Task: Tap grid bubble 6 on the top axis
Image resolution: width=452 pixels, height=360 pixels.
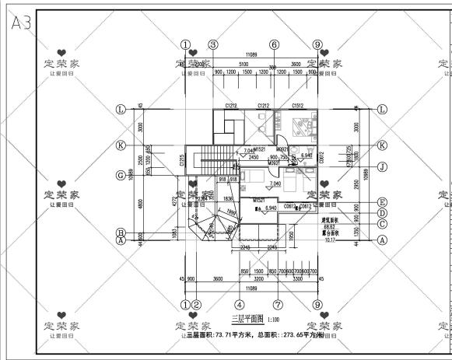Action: pos(274,45)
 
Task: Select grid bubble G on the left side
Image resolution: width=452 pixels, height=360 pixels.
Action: pos(121,175)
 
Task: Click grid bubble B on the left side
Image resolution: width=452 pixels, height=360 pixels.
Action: pos(121,232)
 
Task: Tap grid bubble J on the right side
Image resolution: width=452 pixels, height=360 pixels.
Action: pos(382,166)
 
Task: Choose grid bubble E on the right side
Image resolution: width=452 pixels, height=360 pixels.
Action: pos(382,201)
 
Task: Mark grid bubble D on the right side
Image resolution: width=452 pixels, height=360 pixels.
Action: pos(382,212)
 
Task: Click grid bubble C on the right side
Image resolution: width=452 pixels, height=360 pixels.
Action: pos(382,224)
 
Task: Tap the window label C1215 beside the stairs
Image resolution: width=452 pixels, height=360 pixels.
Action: pos(182,159)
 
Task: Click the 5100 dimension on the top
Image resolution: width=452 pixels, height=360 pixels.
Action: pos(244,64)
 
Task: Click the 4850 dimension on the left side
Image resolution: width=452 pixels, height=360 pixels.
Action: pos(140,204)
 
